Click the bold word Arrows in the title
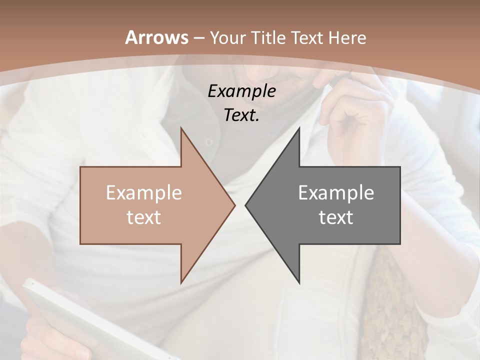pos(156,37)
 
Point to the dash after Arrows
pos(199,38)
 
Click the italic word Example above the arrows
pos(242,91)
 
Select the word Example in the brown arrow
pos(144,193)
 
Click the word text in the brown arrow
pos(144,217)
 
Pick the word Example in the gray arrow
pos(336,193)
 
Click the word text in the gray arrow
pos(336,217)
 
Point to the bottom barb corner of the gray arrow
pos(299,281)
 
